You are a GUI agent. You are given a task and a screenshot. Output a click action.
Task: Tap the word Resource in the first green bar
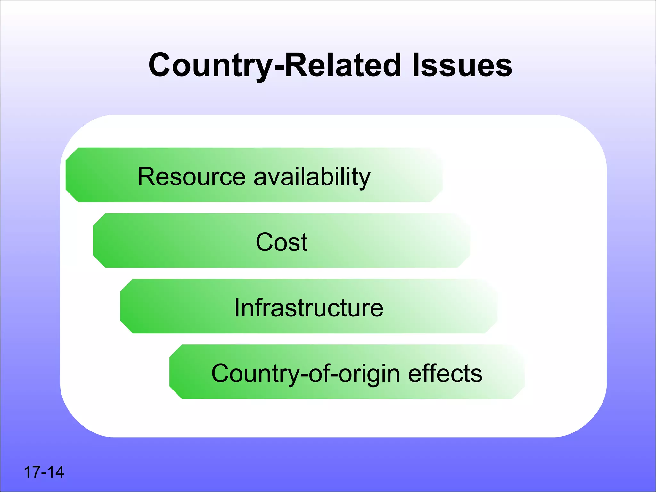(x=192, y=176)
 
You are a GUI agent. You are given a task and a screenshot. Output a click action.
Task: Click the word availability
(x=312, y=177)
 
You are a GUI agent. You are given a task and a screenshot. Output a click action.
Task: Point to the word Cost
(x=282, y=242)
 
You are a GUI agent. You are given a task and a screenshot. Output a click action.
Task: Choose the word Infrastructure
(x=309, y=308)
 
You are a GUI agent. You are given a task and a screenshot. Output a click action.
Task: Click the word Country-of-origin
(x=306, y=373)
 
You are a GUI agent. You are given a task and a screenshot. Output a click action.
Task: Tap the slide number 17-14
(x=44, y=472)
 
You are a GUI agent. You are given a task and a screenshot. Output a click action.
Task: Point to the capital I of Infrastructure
(x=237, y=308)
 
